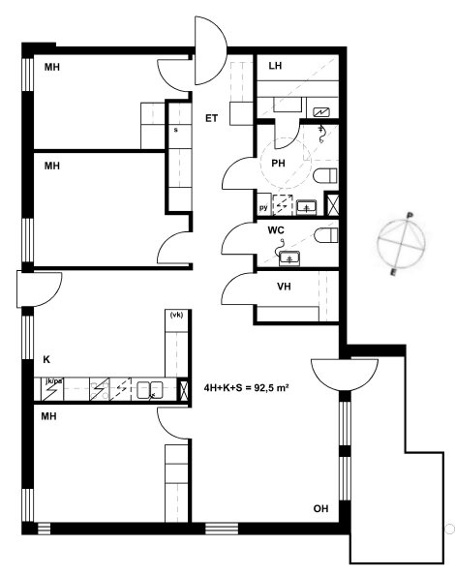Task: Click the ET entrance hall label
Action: (x=211, y=118)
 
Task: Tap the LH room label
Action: (x=275, y=66)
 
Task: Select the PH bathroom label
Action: (x=278, y=163)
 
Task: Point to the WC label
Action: (x=276, y=230)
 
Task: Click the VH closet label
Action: (x=284, y=287)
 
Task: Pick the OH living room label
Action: (x=320, y=509)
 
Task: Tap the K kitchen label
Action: (x=46, y=359)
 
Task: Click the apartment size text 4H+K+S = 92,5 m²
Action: (x=246, y=387)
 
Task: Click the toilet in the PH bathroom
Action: (x=325, y=175)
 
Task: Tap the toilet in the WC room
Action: (x=326, y=235)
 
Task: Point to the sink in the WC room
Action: (x=289, y=258)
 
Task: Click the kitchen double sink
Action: (x=150, y=390)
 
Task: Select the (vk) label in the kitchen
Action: (x=176, y=315)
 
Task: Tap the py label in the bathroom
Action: (x=263, y=207)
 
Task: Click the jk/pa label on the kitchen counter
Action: (x=53, y=381)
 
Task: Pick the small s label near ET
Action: (x=176, y=130)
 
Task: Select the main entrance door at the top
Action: (x=211, y=50)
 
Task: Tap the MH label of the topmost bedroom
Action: (x=51, y=67)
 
